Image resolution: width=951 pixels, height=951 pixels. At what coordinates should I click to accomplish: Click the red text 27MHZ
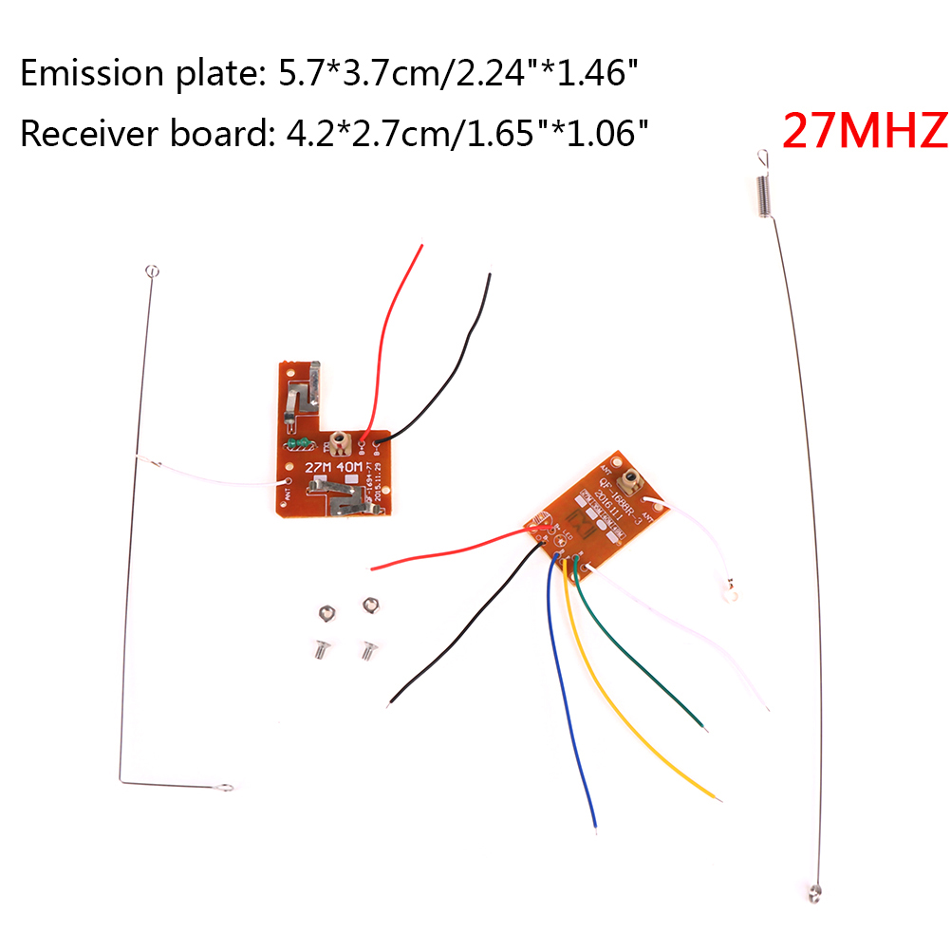click(865, 132)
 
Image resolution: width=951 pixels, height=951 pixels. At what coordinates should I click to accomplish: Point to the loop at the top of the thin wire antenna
click(151, 273)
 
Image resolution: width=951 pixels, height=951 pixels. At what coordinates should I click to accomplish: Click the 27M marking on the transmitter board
click(318, 468)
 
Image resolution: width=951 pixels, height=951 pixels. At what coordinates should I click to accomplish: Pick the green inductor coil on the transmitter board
click(299, 442)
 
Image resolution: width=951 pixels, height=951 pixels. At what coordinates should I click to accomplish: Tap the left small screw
click(319, 649)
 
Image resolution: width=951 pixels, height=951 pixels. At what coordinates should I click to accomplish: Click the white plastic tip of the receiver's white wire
click(730, 595)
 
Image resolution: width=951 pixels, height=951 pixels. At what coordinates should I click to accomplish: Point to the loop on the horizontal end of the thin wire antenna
click(224, 787)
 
